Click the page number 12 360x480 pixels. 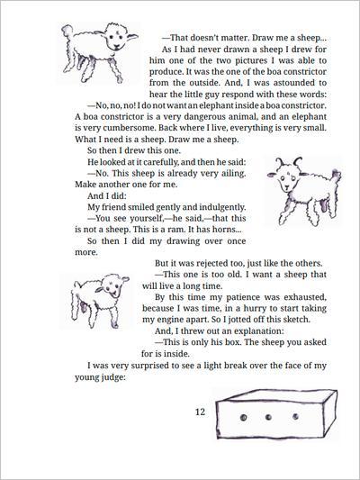pos(200,412)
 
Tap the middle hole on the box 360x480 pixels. pos(268,417)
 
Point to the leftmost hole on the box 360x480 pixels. pos(244,417)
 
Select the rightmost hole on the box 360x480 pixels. pos(295,416)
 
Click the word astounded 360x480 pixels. pos(293,83)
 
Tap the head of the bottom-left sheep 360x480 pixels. pos(112,286)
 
